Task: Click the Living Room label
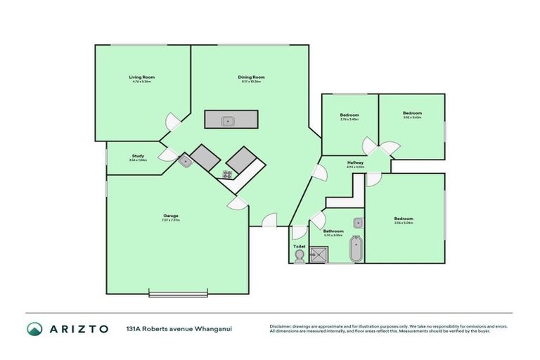click(x=141, y=77)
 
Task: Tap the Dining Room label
click(x=251, y=77)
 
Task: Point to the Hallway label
click(x=355, y=162)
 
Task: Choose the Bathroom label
click(x=333, y=231)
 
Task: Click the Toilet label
click(x=299, y=246)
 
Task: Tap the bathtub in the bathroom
click(x=356, y=250)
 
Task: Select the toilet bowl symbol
click(x=300, y=258)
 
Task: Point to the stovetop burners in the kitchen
click(x=228, y=174)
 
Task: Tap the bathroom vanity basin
click(x=357, y=223)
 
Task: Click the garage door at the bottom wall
click(x=179, y=292)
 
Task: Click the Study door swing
click(x=168, y=155)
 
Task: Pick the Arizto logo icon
click(x=34, y=328)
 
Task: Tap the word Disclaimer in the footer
click(x=281, y=326)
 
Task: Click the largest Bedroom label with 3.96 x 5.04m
click(x=404, y=219)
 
